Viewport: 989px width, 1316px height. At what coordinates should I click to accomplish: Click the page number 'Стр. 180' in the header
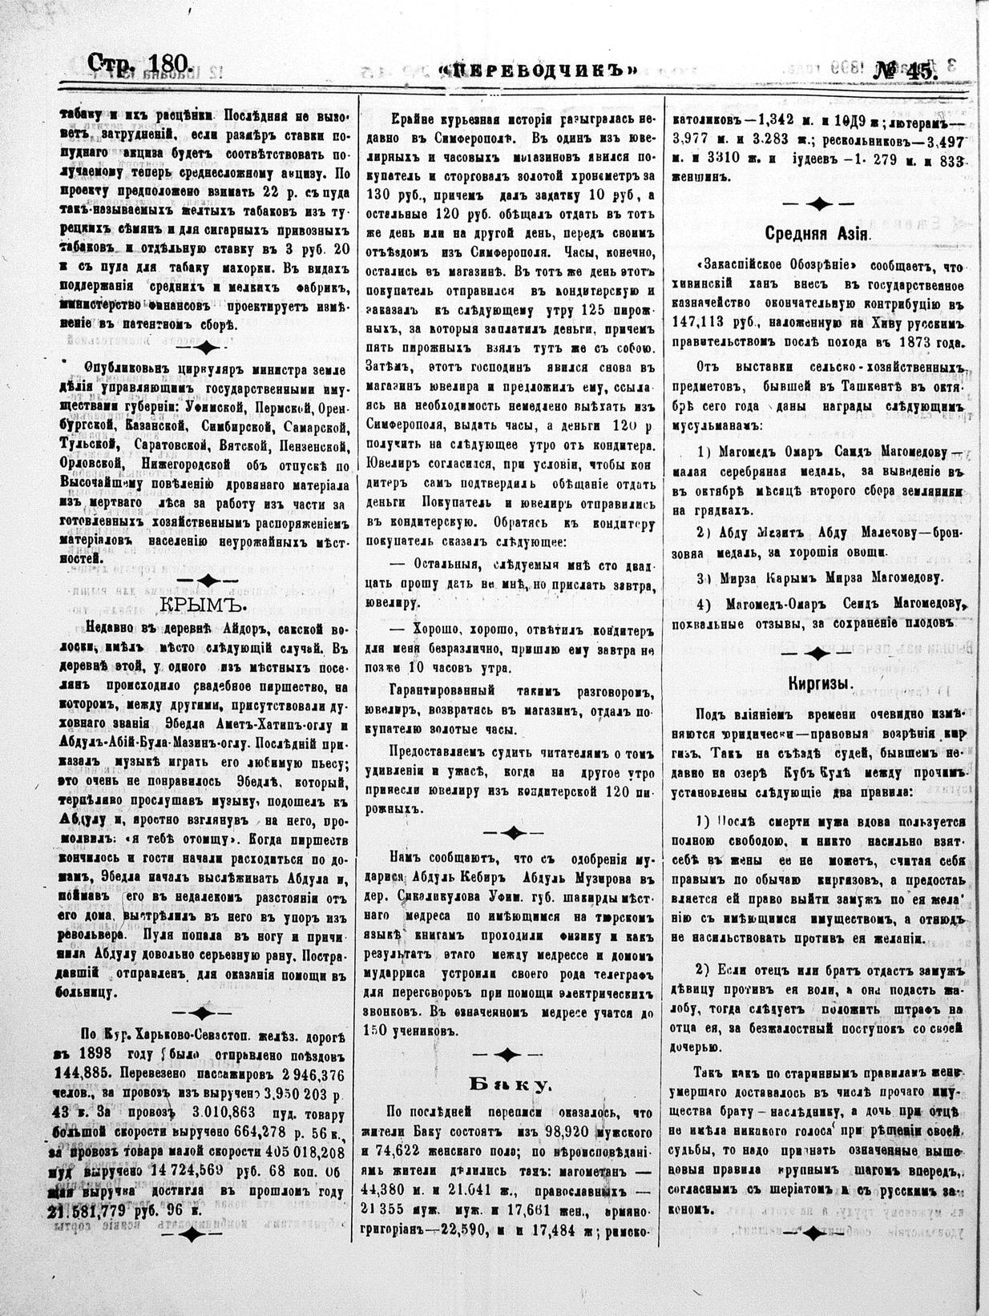coord(140,64)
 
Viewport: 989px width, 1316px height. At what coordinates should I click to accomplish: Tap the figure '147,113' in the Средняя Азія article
coord(715,326)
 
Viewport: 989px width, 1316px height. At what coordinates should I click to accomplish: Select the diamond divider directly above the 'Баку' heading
coord(508,1052)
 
